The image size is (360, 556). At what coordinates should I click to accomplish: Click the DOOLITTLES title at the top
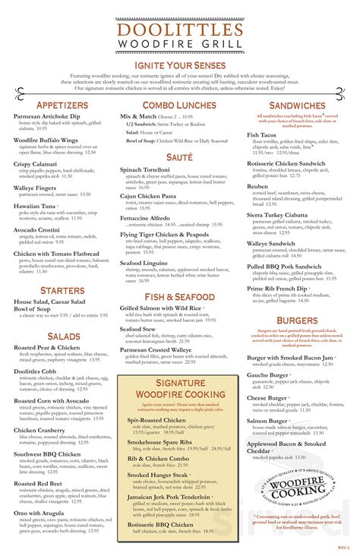point(179,31)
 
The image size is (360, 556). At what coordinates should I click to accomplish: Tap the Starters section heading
point(62,290)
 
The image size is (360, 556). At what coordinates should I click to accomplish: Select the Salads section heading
point(62,336)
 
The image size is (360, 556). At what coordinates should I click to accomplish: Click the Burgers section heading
point(297,321)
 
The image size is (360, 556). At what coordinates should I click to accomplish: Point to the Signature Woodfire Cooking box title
point(179,388)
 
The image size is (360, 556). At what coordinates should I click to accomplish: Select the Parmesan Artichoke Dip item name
point(47,116)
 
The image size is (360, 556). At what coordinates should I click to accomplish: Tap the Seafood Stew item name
point(144,328)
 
